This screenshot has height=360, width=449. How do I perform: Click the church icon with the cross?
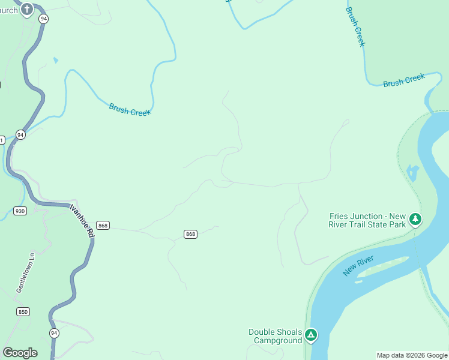pos(27,10)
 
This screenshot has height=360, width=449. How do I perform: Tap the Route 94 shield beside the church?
pos(43,19)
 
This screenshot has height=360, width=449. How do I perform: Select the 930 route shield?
pos(20,211)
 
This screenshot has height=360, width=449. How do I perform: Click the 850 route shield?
pos(23,311)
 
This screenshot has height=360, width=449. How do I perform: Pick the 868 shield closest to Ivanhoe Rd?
pos(103,226)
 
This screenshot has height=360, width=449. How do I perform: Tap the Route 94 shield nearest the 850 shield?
pos(54,332)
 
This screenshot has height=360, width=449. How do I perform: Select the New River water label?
pos(358,266)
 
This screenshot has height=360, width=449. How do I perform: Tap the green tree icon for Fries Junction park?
pos(415,220)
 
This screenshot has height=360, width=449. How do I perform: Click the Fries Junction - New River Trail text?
pos(367,220)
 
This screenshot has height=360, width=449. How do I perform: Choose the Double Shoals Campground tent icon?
pos(310,335)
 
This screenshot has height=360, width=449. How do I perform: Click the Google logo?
pos(20,353)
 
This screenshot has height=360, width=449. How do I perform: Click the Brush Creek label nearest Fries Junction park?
pos(404,80)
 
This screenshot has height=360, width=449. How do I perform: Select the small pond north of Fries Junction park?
pos(412,173)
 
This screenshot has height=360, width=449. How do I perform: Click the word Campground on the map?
pos(277,341)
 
